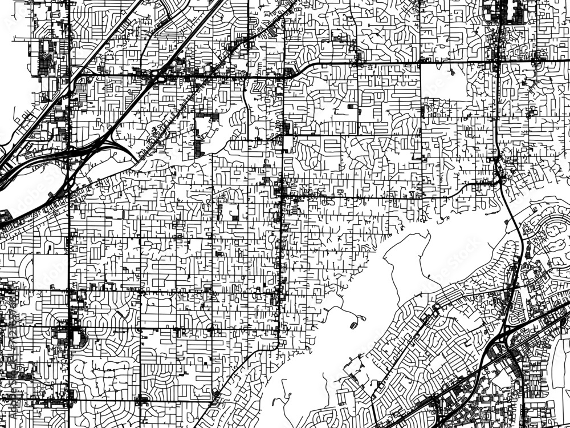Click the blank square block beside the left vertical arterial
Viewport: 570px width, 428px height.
(x=50, y=271)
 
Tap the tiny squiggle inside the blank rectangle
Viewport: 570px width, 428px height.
(x=451, y=72)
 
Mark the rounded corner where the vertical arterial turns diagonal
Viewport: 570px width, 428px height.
(x=277, y=345)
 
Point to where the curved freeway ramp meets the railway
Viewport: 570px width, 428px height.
(x=137, y=160)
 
